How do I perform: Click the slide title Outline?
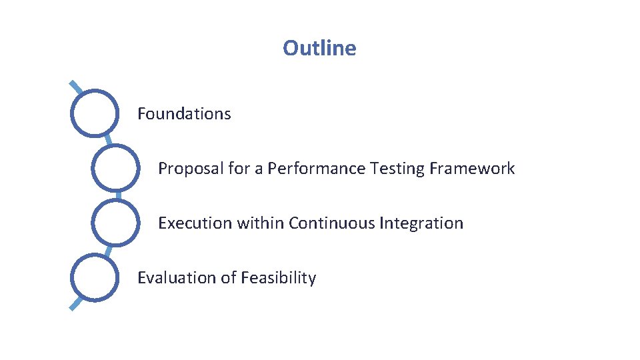tap(319, 48)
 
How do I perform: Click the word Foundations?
tap(184, 114)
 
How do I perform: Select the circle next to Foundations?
tap(95, 114)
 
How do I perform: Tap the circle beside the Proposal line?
tap(115, 169)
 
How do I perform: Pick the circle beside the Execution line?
tap(115, 223)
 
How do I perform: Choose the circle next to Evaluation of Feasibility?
tap(95, 278)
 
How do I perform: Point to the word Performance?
tap(316, 169)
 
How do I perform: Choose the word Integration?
tap(421, 223)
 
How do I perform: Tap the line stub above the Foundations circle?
tap(76, 87)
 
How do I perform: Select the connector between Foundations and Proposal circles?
tap(107, 141)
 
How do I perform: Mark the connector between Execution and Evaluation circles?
tap(107, 250)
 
